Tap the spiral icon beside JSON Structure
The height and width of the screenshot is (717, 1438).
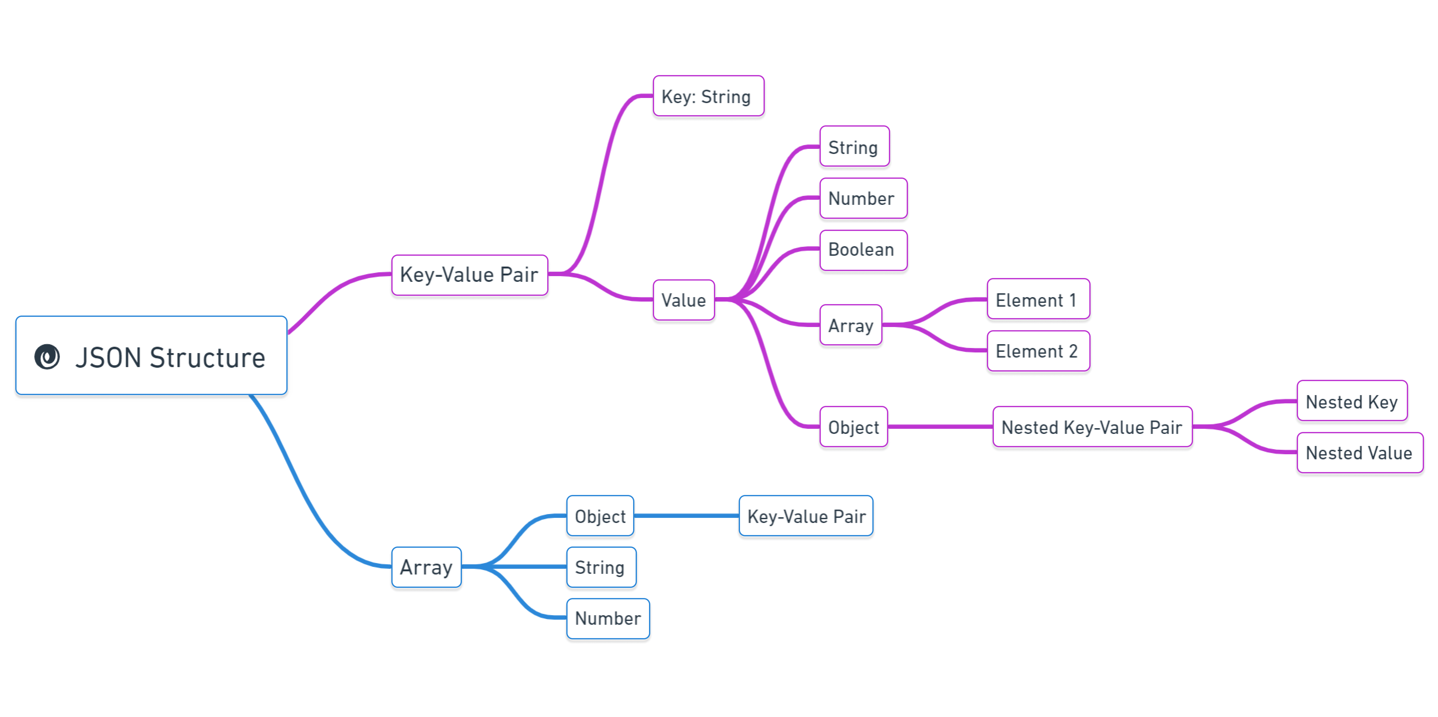click(47, 357)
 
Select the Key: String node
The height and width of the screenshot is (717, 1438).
click(708, 96)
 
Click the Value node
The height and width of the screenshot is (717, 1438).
click(683, 300)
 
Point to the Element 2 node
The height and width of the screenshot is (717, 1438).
click(1038, 351)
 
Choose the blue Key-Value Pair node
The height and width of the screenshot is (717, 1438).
click(806, 516)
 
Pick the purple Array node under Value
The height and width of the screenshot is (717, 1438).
click(850, 325)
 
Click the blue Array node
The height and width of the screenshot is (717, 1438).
click(426, 567)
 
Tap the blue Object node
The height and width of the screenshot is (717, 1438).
click(600, 516)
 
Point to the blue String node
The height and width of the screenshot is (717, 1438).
click(601, 567)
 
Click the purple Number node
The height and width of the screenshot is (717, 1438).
click(862, 198)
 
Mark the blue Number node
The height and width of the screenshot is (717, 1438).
click(607, 618)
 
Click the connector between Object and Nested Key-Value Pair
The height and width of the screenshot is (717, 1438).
click(940, 427)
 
